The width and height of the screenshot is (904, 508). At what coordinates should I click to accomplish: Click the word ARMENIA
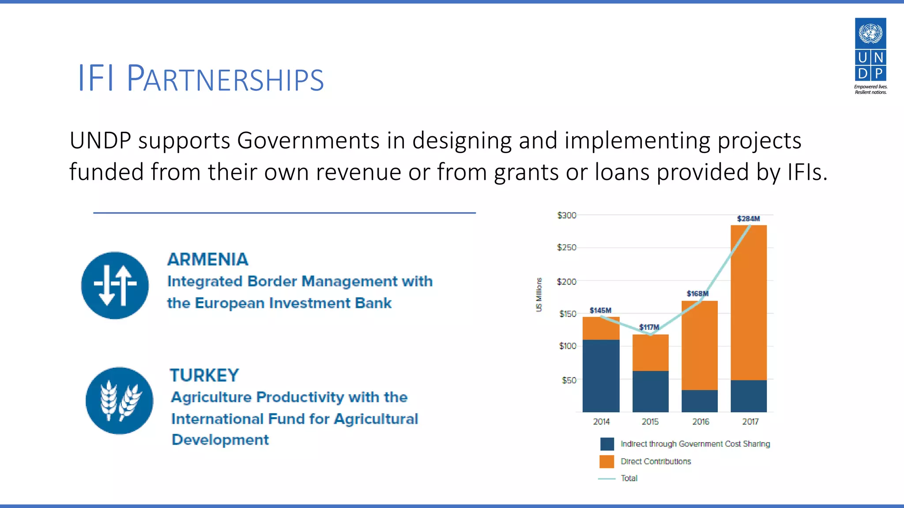(207, 259)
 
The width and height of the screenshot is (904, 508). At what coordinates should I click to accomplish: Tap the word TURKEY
(204, 375)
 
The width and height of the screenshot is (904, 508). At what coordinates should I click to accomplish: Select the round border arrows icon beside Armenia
(115, 285)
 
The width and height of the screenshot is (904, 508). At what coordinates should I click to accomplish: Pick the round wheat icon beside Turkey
(119, 400)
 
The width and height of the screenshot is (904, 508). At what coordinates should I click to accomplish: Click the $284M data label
(748, 219)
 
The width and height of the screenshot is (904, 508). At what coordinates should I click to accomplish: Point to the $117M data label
(649, 327)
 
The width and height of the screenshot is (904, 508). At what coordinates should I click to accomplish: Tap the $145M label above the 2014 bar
(600, 310)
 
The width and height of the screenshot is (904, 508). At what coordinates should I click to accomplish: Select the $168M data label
(697, 294)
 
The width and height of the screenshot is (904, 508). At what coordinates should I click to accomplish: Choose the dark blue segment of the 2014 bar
(601, 376)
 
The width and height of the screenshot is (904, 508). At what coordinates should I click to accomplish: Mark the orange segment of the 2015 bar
(650, 353)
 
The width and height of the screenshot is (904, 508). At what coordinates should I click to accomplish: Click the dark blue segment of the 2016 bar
(700, 401)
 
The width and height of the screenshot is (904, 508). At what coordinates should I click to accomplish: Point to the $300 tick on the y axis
(567, 215)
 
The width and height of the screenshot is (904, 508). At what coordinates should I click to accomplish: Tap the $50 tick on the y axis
(569, 380)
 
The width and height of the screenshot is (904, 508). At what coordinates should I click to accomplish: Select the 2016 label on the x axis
(701, 422)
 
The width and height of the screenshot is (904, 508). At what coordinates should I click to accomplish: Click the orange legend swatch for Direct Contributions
(607, 461)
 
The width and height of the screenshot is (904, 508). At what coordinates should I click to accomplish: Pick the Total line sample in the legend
(607, 478)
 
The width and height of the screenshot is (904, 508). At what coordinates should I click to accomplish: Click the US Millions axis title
(539, 295)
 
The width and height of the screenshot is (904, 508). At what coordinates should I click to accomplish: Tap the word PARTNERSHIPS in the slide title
(225, 79)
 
